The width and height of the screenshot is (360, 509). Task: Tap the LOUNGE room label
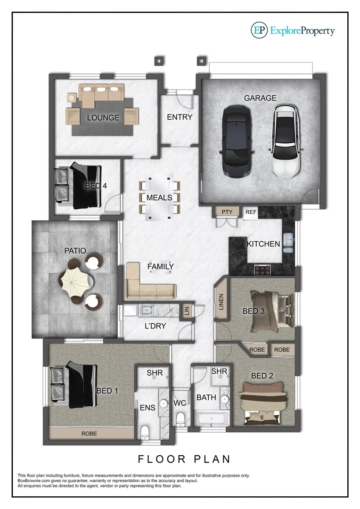click(x=103, y=117)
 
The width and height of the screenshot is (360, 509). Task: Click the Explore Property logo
click(x=293, y=31)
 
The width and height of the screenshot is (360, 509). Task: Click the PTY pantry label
click(x=227, y=212)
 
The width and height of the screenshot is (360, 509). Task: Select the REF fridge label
click(x=251, y=213)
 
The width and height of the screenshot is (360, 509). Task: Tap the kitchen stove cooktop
click(x=262, y=270)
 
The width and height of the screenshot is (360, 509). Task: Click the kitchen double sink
click(x=289, y=240)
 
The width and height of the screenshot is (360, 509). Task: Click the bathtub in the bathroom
click(x=212, y=418)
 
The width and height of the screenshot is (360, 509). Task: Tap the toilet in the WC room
click(x=180, y=419)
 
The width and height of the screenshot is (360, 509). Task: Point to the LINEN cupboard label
click(x=221, y=301)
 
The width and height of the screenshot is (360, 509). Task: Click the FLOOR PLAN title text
click(x=184, y=459)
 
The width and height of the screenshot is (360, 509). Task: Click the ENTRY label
click(x=180, y=117)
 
